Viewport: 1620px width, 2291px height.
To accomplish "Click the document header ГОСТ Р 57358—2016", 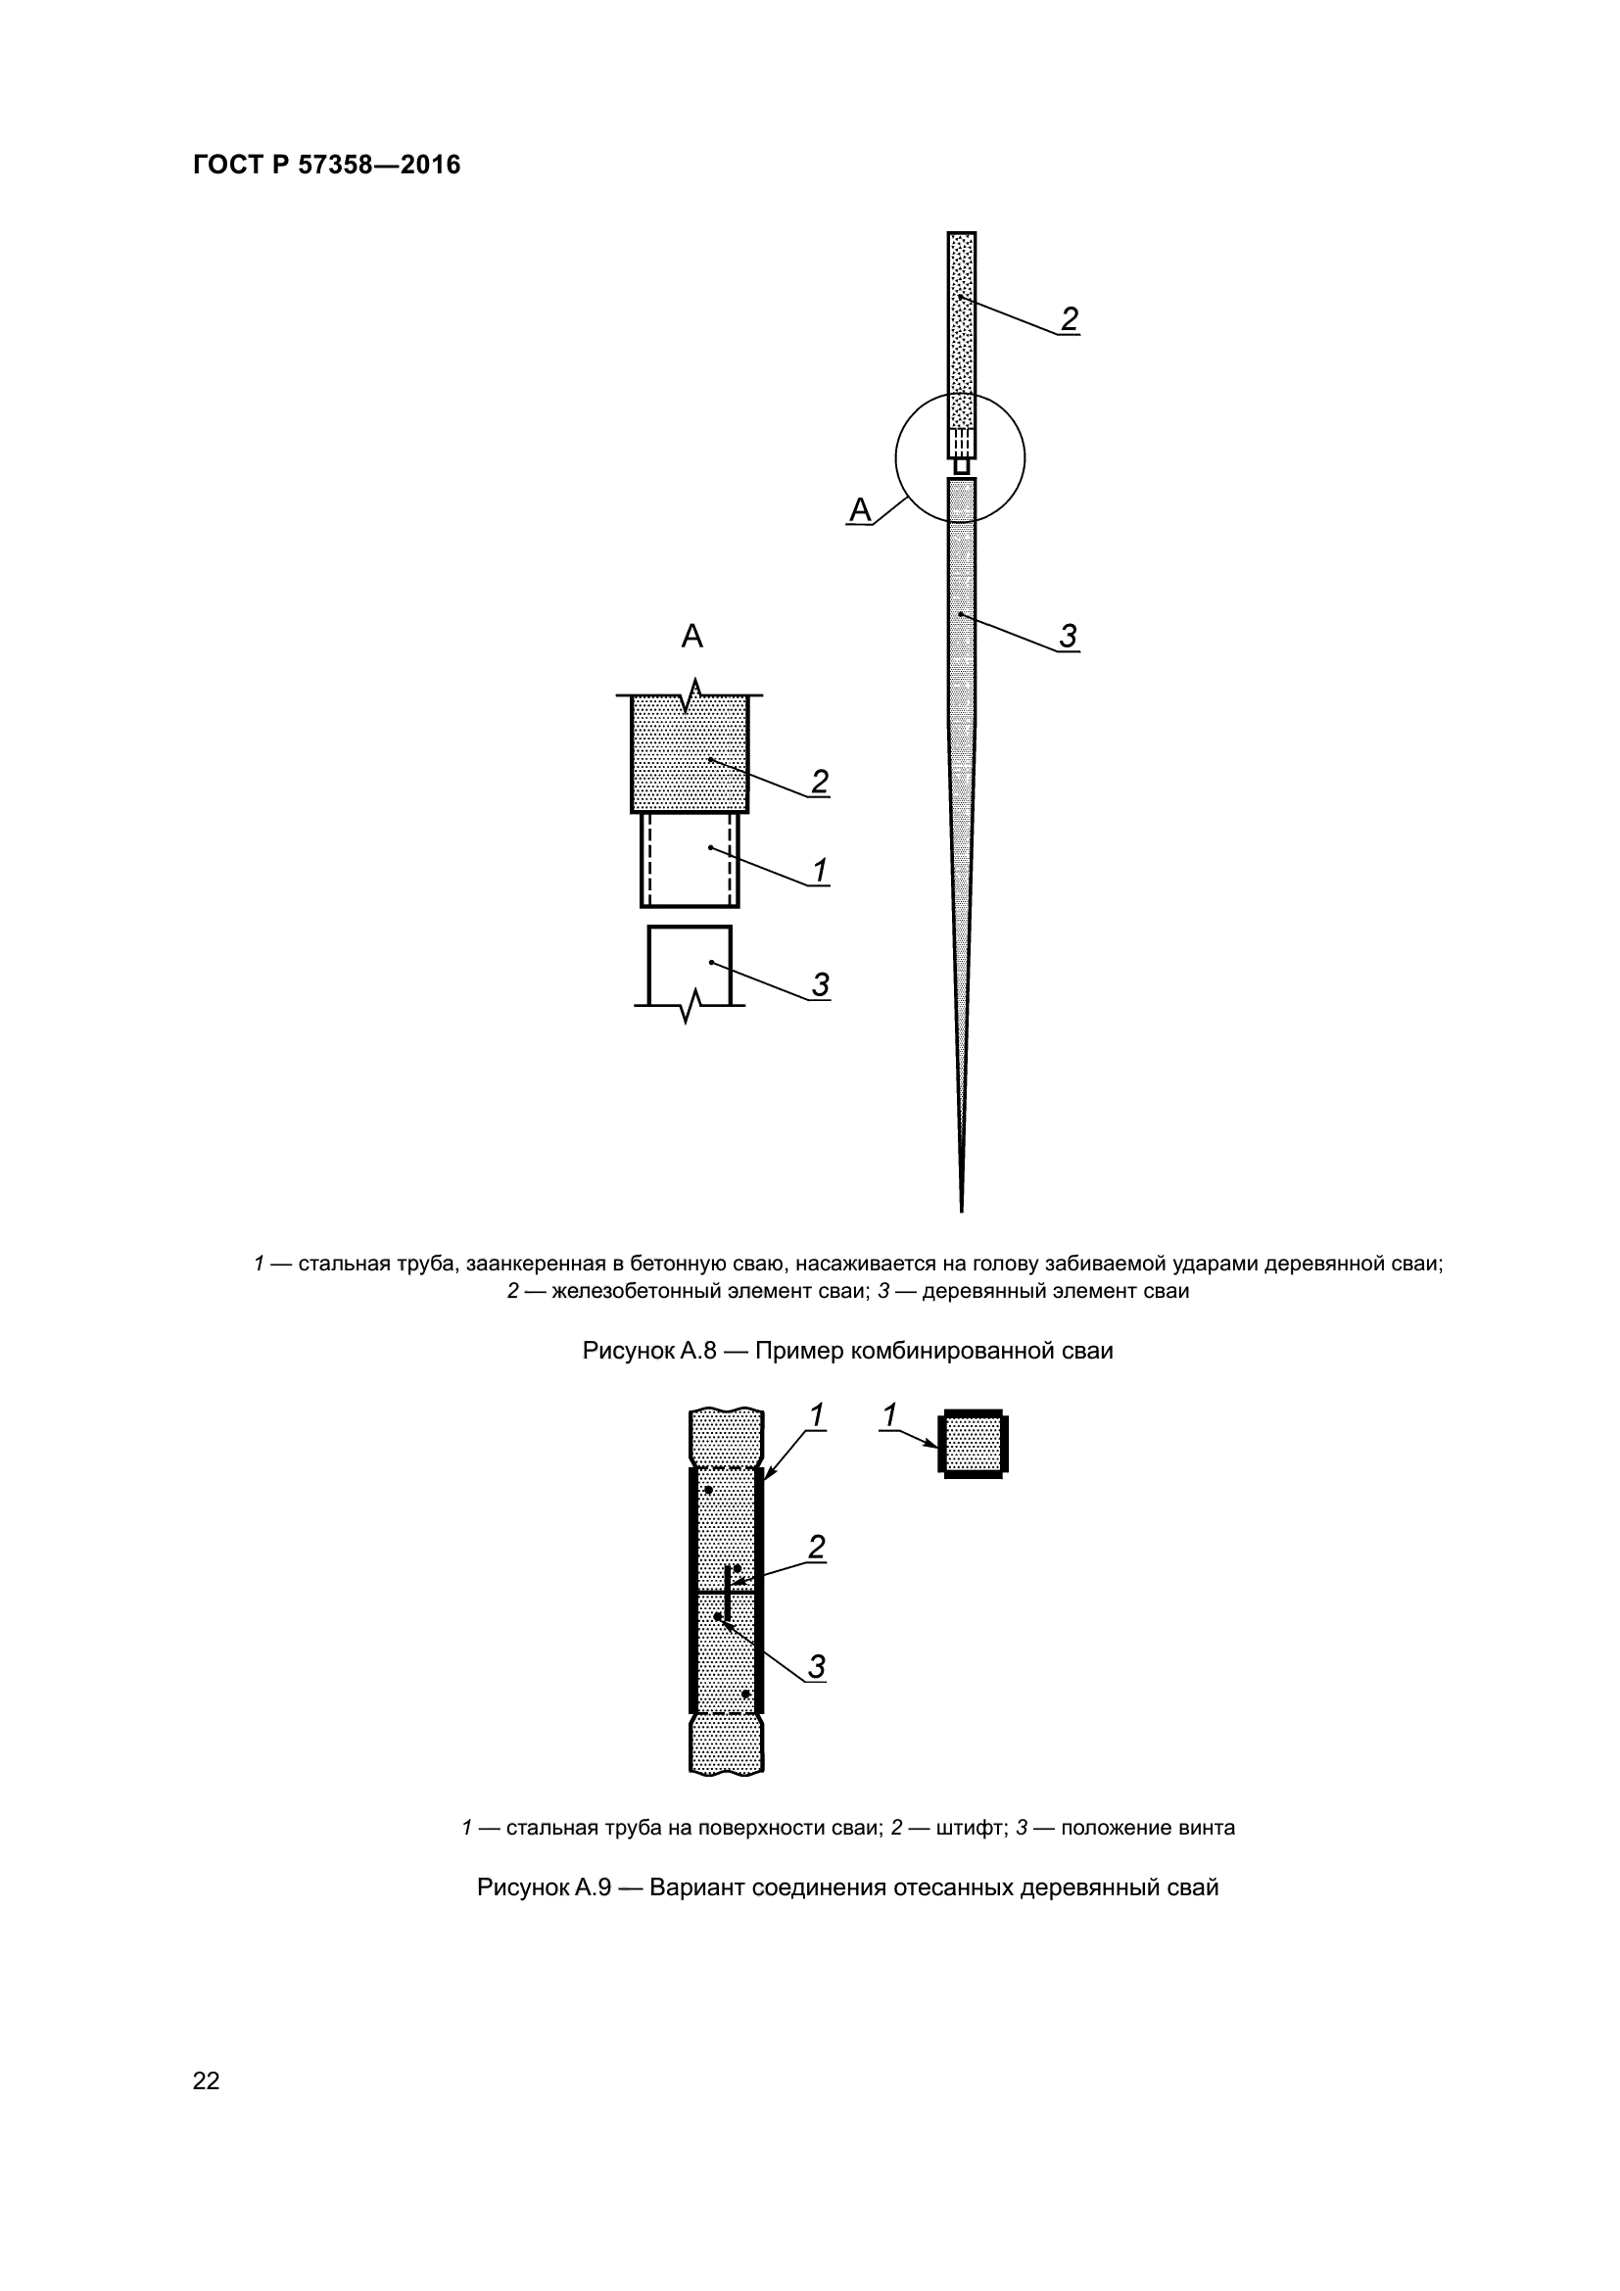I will (326, 165).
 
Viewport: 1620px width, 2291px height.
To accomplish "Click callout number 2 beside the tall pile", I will (1069, 319).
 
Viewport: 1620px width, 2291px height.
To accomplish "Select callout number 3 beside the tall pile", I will (1069, 636).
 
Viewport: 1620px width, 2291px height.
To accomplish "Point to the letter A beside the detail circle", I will (859, 511).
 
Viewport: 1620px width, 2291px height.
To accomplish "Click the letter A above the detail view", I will (691, 636).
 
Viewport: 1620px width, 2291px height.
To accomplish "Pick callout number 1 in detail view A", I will (819, 871).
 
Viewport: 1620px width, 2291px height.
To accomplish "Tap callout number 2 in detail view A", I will (819, 782).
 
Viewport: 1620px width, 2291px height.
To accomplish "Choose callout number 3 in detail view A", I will (819, 984).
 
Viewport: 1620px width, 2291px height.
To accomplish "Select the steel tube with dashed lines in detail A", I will (690, 859).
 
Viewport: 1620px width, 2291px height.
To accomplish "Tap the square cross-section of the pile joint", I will (973, 1444).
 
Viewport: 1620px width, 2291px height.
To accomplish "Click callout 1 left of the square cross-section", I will (889, 1415).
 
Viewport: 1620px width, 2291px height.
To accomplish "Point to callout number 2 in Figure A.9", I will (816, 1548).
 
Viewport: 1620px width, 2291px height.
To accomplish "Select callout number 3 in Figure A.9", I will (816, 1666).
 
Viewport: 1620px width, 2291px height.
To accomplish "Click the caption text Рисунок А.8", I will (649, 1351).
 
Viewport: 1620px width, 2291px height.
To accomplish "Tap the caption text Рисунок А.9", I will (544, 1887).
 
